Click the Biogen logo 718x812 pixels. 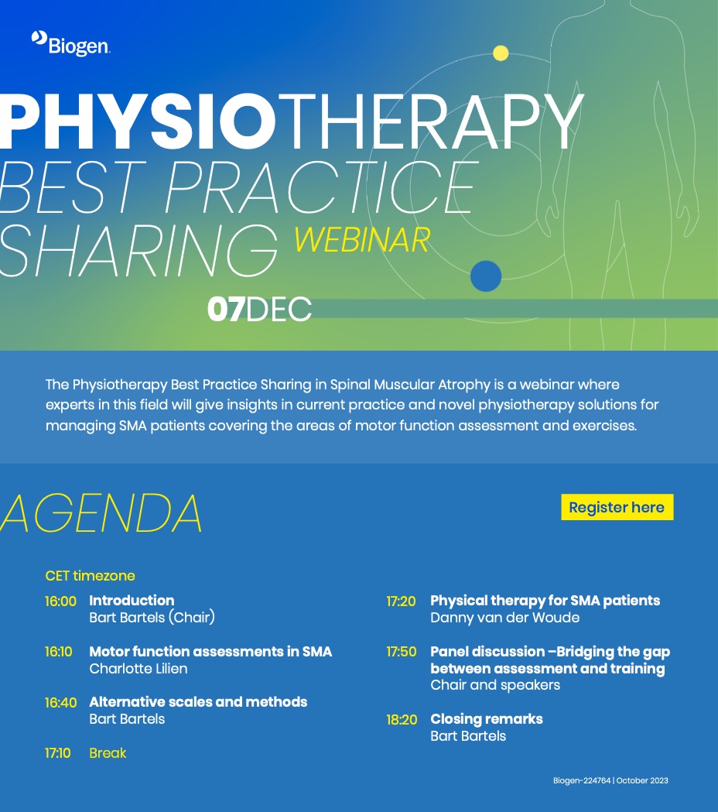click(70, 43)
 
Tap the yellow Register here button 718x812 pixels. click(617, 507)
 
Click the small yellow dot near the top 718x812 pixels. click(501, 53)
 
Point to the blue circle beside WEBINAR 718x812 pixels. click(486, 276)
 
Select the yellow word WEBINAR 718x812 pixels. click(362, 240)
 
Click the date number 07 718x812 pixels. click(226, 309)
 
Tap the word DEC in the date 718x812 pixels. click(279, 309)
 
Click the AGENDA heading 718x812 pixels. click(101, 513)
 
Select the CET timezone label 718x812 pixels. click(90, 576)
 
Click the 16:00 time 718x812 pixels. click(60, 601)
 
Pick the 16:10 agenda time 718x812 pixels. click(59, 652)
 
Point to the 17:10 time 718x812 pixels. click(57, 753)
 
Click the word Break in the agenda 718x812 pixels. click(108, 753)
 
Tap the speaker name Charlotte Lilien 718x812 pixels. click(138, 669)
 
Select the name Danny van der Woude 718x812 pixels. click(504, 617)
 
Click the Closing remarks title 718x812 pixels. click(487, 719)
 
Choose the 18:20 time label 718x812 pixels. click(402, 720)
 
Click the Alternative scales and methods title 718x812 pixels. click(198, 702)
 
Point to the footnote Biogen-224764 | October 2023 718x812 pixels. click(610, 780)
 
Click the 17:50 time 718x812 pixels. click(402, 652)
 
